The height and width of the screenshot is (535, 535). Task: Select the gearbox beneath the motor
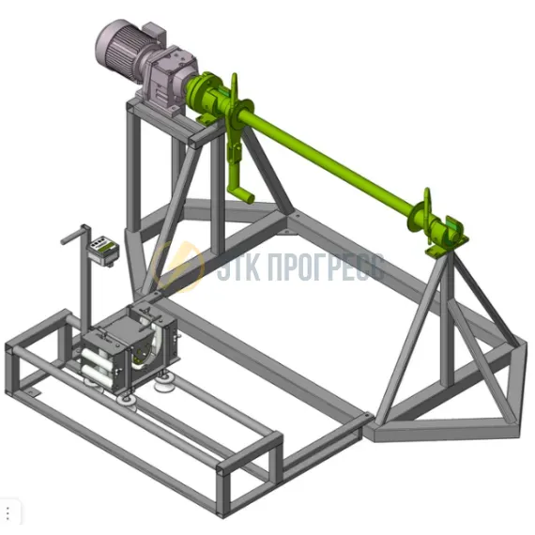[170, 80]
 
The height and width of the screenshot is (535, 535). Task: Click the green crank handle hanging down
[238, 171]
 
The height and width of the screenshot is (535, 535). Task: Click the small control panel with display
[103, 250]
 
